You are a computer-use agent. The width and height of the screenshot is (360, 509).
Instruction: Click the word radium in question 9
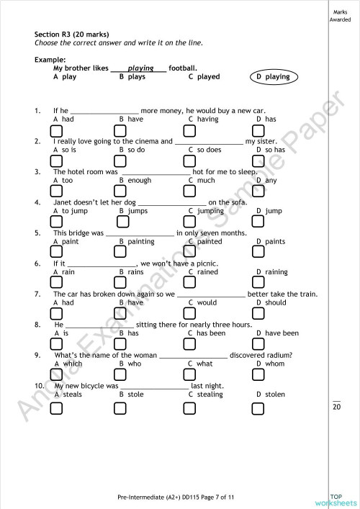point(277,355)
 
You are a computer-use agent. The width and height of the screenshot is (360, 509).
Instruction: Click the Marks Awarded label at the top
point(341,15)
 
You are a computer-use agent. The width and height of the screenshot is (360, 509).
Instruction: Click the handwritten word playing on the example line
point(141,68)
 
